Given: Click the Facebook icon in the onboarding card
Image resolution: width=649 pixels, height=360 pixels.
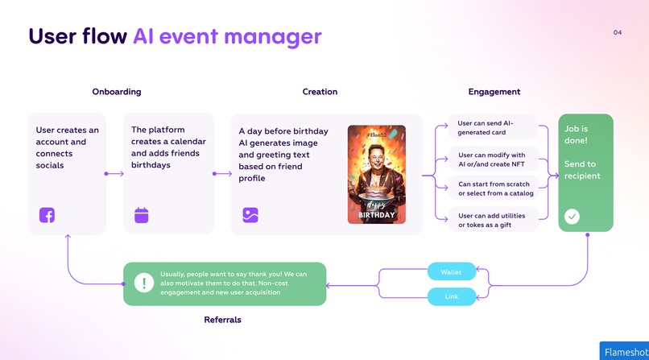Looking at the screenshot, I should click(47, 215).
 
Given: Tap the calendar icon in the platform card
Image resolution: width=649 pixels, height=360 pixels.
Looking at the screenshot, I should click(142, 215).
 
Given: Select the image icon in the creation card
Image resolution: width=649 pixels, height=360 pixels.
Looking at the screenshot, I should click(250, 215).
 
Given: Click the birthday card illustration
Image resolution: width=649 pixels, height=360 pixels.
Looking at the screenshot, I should click(376, 174).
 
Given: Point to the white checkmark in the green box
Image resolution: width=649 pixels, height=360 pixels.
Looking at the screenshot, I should click(572, 216).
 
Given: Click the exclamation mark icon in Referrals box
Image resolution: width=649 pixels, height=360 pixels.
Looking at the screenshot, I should click(143, 283).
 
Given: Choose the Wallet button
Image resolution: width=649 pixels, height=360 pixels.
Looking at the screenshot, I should click(451, 272).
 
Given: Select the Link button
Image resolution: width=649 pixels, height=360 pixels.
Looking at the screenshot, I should click(451, 297).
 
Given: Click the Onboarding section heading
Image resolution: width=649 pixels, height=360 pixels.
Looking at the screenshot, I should click(116, 92).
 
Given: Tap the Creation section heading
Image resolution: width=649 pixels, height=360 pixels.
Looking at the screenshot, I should click(320, 92).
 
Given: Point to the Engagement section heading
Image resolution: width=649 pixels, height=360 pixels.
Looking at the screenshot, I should click(494, 92).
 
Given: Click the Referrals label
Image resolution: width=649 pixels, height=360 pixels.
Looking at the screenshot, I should click(222, 320).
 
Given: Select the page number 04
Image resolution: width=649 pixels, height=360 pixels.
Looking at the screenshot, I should click(618, 33).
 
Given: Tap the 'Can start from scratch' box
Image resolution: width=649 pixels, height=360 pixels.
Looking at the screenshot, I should click(493, 188).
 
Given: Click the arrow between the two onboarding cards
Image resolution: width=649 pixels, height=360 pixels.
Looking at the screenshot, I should click(114, 173).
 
